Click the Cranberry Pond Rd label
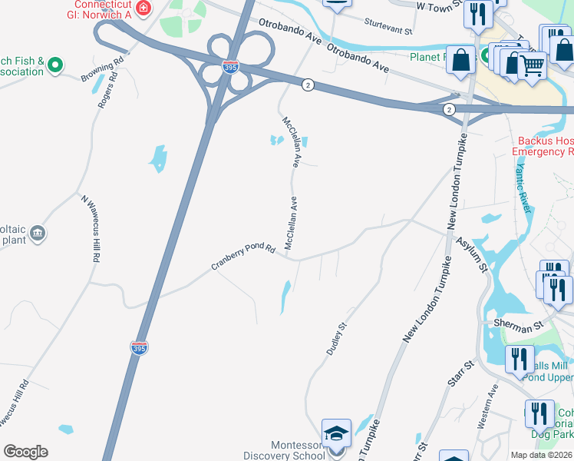242,257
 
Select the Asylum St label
473,254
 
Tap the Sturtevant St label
388,26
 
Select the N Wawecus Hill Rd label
89,229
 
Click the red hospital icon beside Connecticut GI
143,9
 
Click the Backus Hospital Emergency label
545,146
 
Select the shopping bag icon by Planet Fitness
460,60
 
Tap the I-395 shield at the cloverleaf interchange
228,68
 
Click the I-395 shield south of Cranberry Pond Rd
140,347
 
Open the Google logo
25,452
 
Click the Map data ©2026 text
541,455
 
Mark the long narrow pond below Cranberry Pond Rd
285,297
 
